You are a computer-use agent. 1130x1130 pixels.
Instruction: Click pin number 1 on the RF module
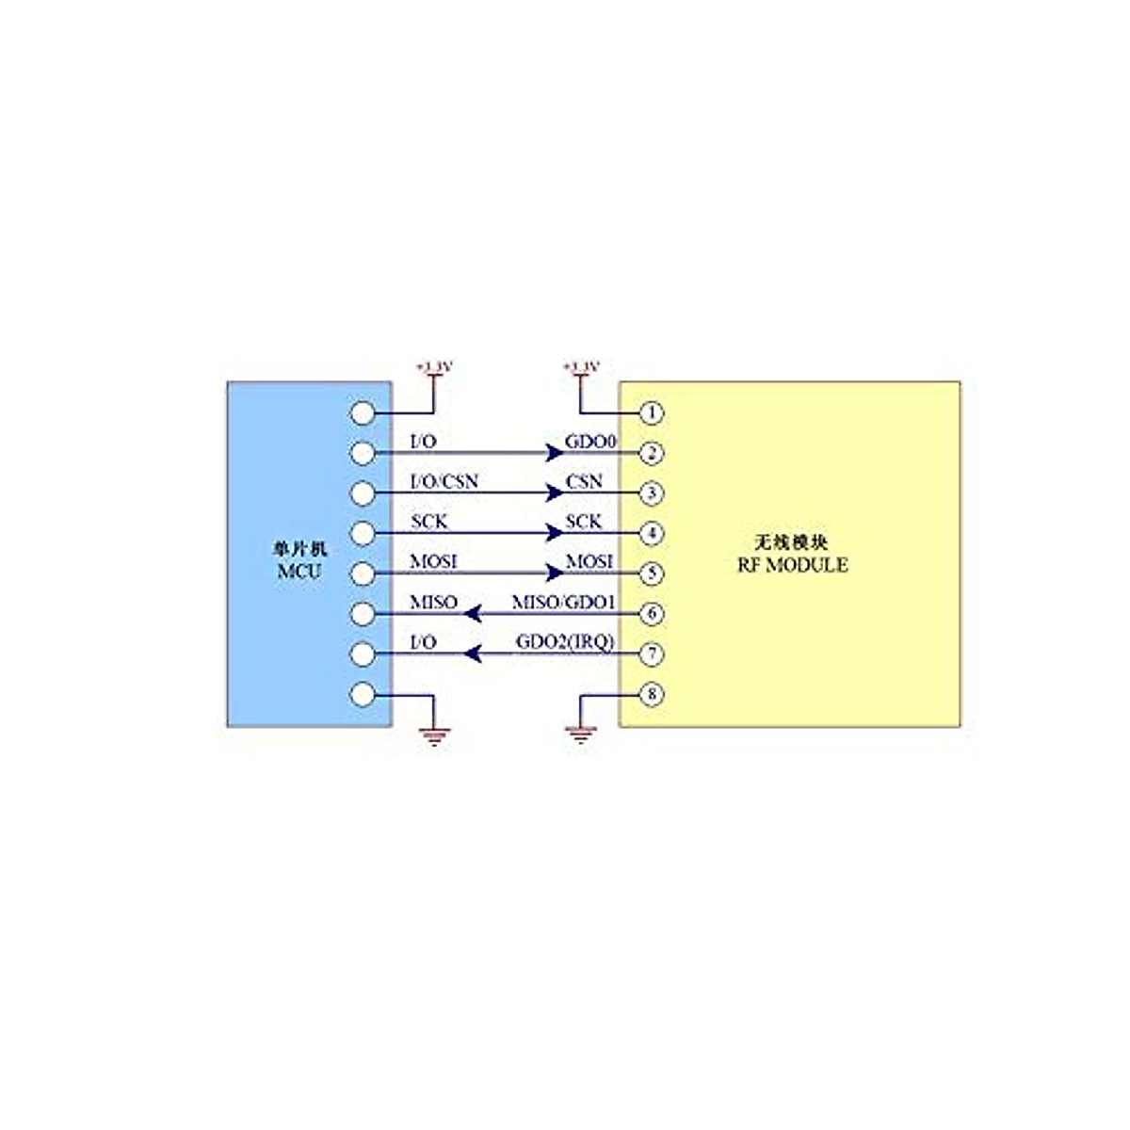651,412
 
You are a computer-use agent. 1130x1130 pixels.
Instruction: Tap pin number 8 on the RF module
651,695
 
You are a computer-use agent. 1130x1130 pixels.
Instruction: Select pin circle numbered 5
651,573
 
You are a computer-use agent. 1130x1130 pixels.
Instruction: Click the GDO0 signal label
589,441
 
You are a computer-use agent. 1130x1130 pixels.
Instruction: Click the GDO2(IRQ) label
565,642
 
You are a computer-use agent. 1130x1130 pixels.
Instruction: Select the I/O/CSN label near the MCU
444,481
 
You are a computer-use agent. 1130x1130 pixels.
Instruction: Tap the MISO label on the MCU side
433,602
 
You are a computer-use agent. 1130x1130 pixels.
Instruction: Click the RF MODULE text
792,565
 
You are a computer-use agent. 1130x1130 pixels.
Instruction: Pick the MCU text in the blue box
299,572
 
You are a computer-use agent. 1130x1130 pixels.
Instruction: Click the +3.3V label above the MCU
434,365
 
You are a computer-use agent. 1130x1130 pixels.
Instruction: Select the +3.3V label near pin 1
581,365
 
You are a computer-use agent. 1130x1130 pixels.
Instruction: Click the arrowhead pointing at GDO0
555,453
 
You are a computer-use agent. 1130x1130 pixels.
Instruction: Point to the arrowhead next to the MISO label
474,614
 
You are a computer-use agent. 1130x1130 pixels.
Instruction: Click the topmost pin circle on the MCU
363,412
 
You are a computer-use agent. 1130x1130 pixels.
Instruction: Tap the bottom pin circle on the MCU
363,695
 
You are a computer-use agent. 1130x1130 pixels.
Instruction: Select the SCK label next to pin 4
584,522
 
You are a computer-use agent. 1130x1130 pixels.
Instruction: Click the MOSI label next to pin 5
589,561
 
